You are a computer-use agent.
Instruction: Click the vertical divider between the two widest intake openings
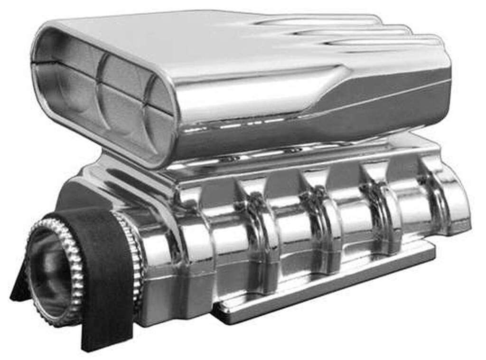pyautogui.click(x=100, y=93)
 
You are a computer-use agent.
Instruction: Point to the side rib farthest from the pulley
pyautogui.click(x=439, y=190)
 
